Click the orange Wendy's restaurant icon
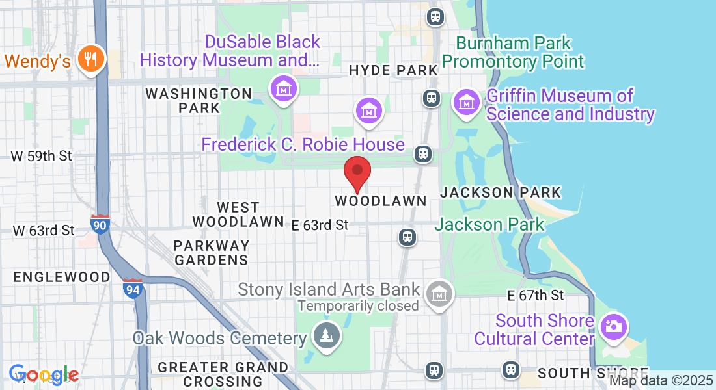tap(91, 59)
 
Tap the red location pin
tap(357, 172)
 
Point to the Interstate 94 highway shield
tap(132, 288)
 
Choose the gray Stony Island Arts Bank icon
tap(439, 294)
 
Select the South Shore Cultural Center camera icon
tap(613, 325)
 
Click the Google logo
tap(44, 374)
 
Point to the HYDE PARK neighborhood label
tap(393, 70)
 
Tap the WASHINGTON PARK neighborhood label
tap(199, 100)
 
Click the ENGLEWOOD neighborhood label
tap(62, 277)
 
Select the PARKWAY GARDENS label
tap(212, 253)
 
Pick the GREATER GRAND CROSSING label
tap(223, 374)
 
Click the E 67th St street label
tap(535, 296)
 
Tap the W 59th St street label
tap(42, 157)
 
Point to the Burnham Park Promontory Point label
tap(513, 53)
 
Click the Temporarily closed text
tap(358, 305)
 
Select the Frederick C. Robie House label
tap(303, 144)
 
